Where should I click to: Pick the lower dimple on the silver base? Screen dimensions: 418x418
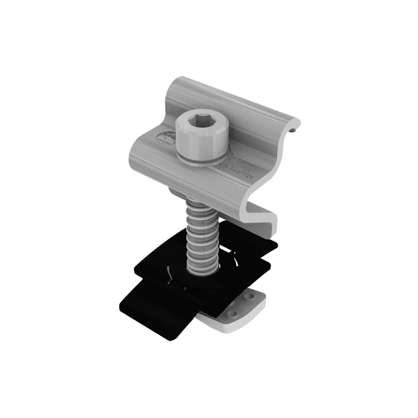pyautogui.click(x=233, y=313)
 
